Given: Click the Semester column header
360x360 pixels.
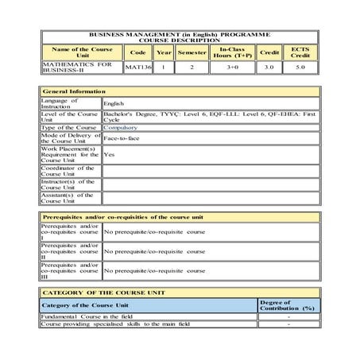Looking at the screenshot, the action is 192,52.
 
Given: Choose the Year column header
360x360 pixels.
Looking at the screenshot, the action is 163,52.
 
